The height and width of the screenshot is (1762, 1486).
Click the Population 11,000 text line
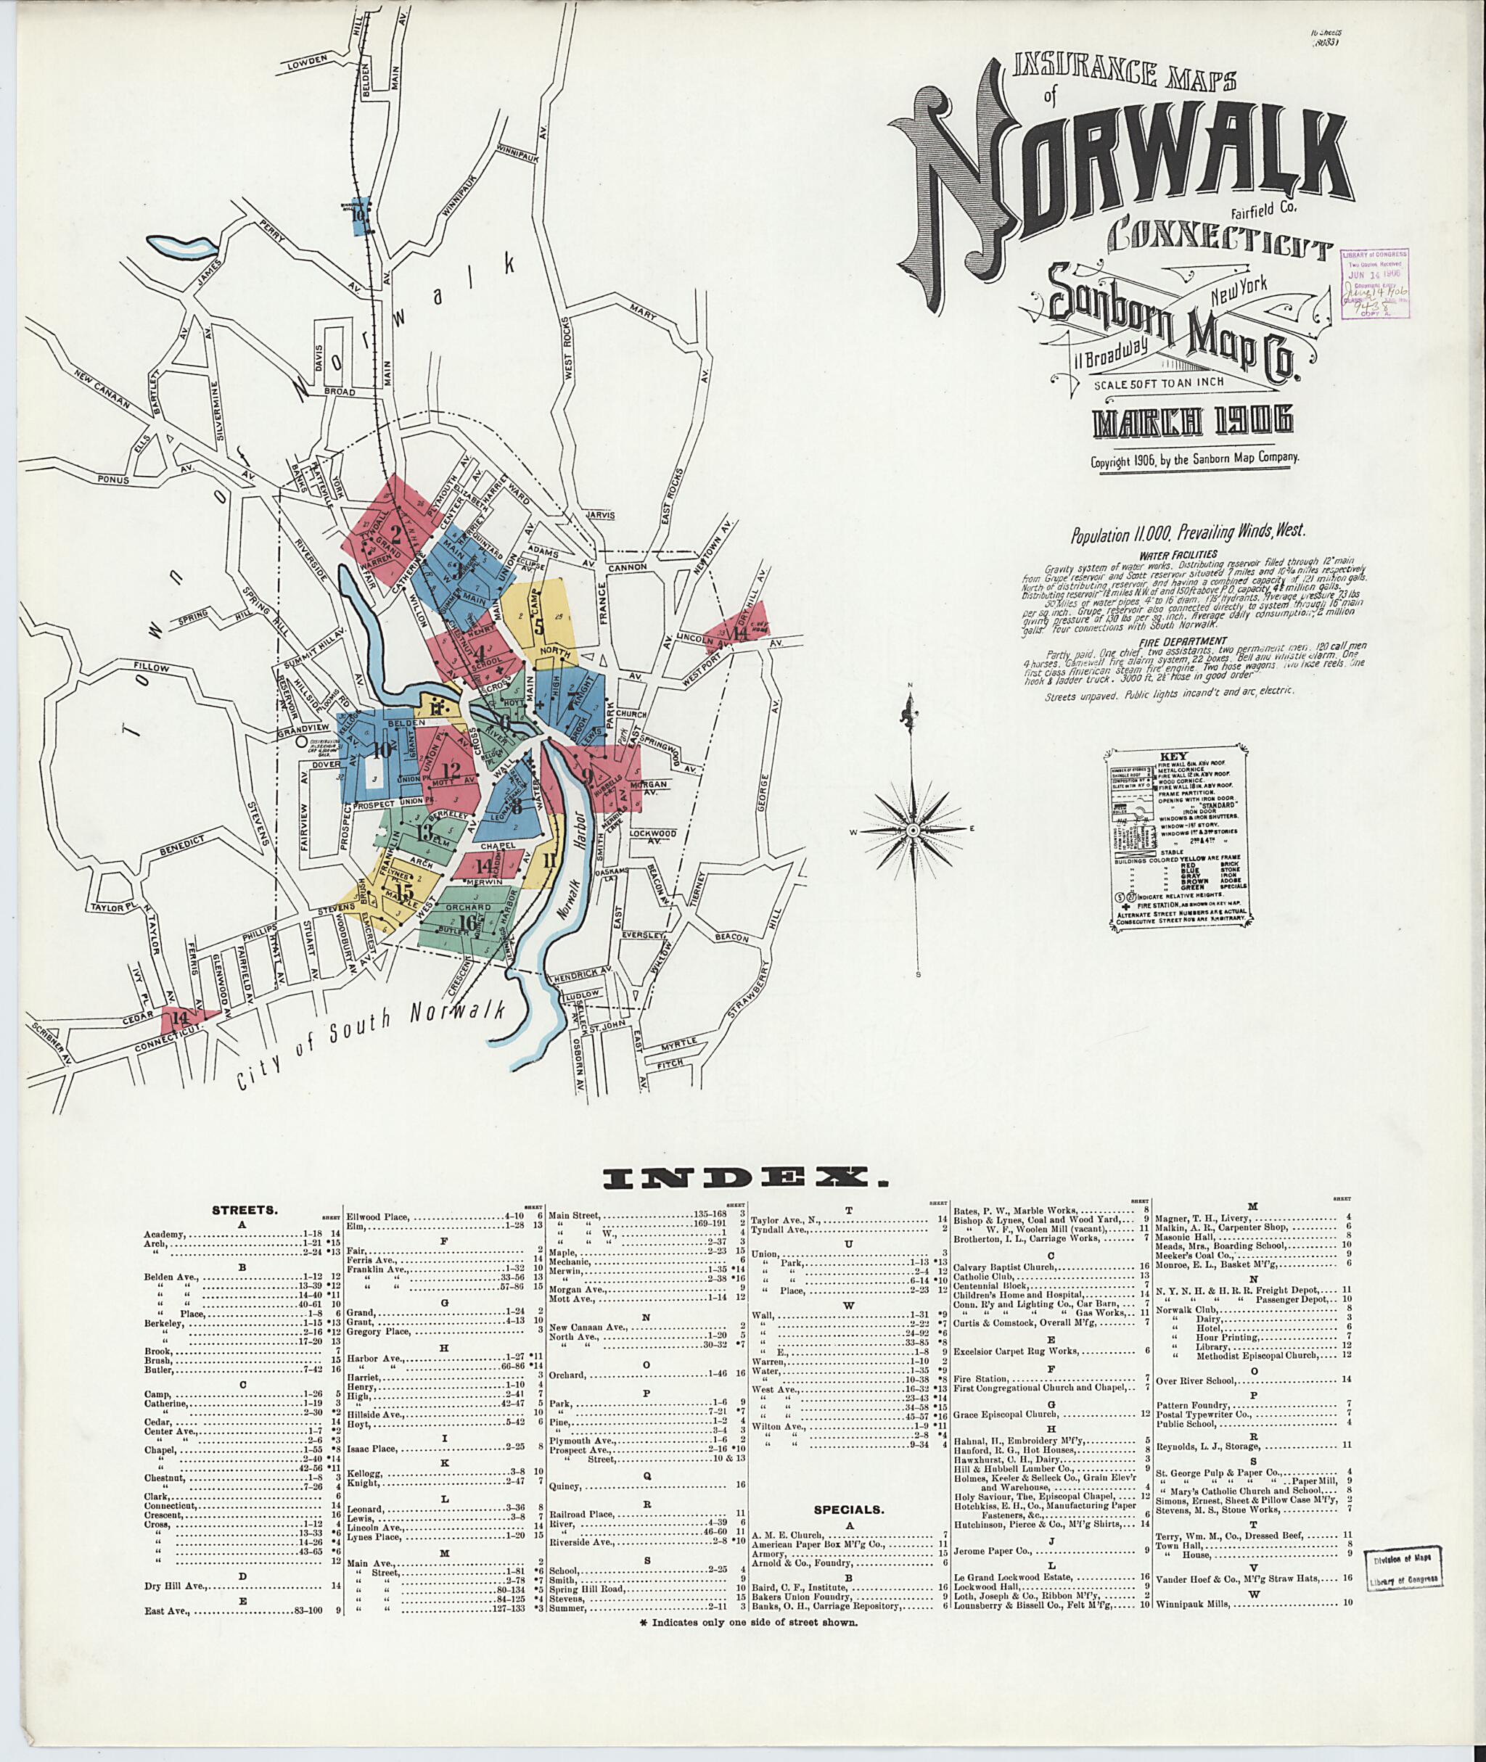pyautogui.click(x=1187, y=532)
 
